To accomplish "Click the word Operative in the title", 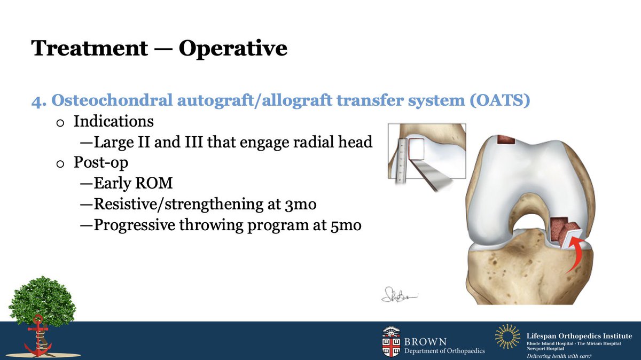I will (x=233, y=48).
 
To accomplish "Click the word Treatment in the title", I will (x=89, y=48).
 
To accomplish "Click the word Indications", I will (x=113, y=121).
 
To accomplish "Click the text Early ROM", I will (x=133, y=184).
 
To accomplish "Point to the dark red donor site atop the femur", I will (x=505, y=139).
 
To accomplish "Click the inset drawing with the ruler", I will (x=426, y=158).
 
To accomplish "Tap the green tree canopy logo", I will (x=42, y=302).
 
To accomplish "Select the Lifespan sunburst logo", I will (x=507, y=337).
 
